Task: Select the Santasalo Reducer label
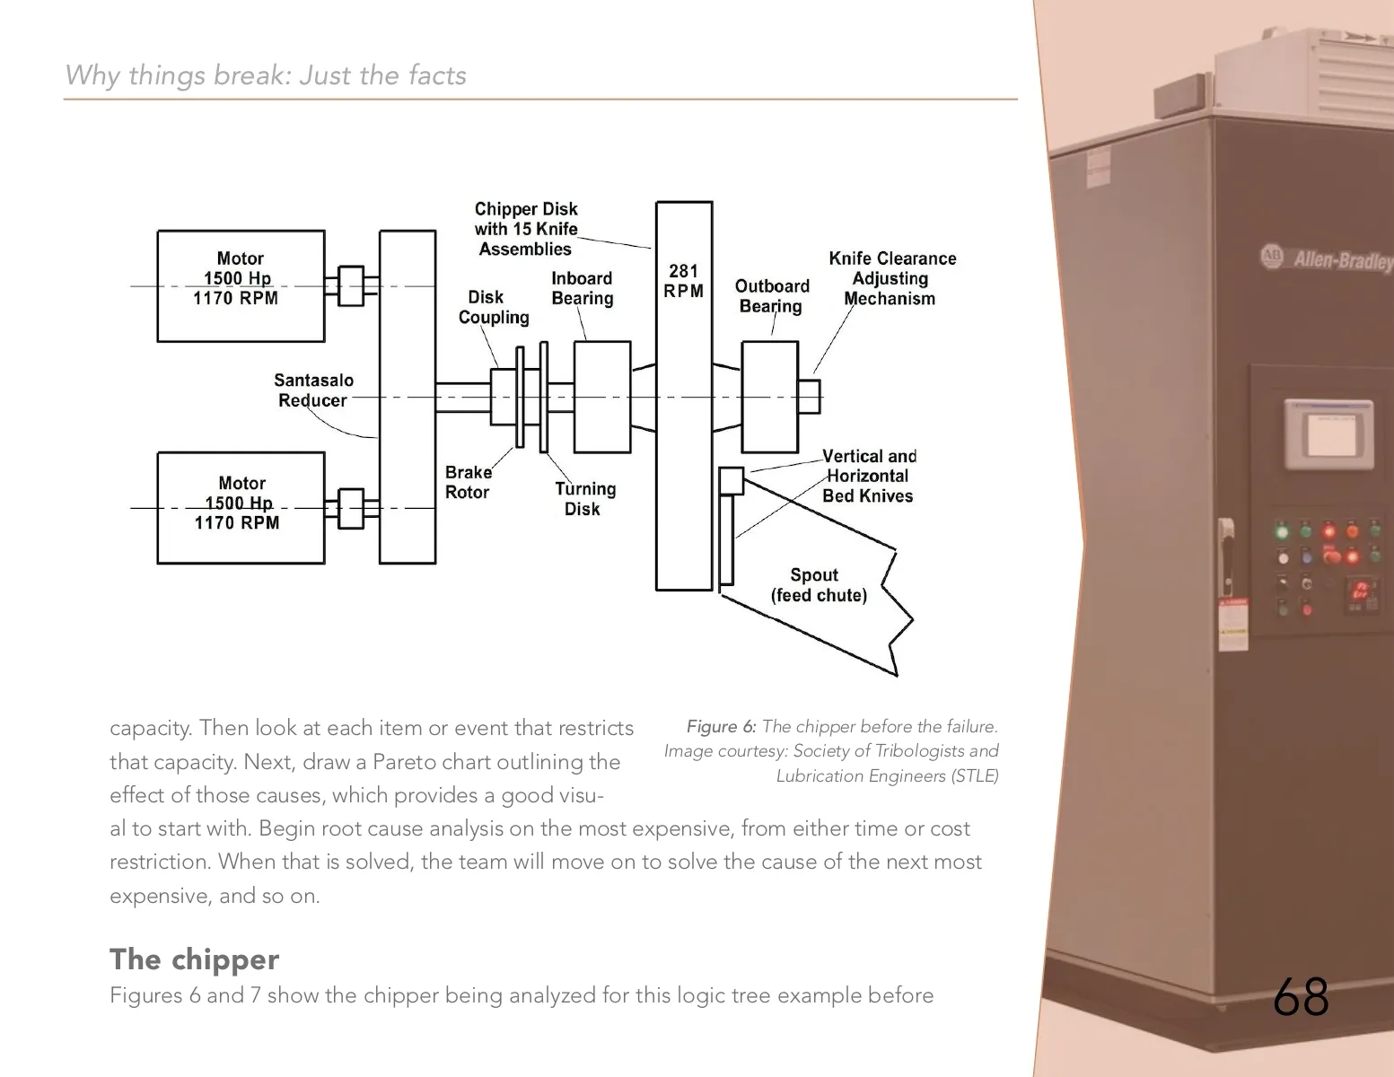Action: click(x=313, y=390)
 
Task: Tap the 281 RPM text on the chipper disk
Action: click(x=683, y=281)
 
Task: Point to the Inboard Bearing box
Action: click(x=601, y=397)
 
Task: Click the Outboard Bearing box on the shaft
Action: click(x=769, y=397)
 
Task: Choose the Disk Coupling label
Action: click(x=493, y=307)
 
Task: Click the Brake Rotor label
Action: click(x=468, y=482)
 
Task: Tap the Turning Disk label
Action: click(x=584, y=499)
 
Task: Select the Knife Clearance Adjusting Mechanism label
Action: click(x=891, y=278)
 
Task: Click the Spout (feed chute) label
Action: click(x=818, y=585)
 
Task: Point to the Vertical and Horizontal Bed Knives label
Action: click(x=868, y=476)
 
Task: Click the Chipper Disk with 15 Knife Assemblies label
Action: click(x=526, y=229)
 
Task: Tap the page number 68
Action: click(x=1301, y=996)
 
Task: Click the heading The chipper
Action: click(x=194, y=959)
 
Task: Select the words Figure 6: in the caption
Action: click(x=721, y=727)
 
